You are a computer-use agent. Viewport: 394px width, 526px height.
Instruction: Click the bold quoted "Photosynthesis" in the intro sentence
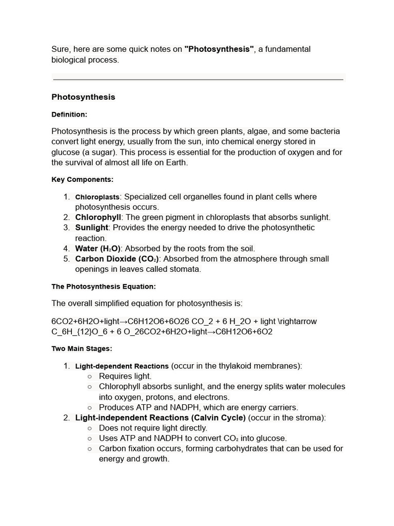click(x=219, y=49)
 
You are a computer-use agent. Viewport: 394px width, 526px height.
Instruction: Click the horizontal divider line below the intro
click(x=198, y=80)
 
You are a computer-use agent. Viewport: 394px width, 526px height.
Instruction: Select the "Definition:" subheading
click(x=69, y=115)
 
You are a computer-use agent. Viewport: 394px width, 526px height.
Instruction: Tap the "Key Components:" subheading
click(x=82, y=180)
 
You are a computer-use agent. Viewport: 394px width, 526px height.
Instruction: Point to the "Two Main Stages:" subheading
click(x=82, y=349)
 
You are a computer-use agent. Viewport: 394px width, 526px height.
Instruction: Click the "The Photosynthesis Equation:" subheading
click(x=103, y=287)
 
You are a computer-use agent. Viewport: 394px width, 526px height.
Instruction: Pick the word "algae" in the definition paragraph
click(x=257, y=131)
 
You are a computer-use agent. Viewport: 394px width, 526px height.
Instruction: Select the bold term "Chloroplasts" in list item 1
click(x=97, y=197)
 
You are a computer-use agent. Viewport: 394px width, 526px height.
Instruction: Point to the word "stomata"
click(x=186, y=269)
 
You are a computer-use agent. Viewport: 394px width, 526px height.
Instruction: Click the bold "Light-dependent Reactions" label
click(x=122, y=366)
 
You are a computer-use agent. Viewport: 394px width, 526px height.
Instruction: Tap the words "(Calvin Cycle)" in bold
click(x=219, y=418)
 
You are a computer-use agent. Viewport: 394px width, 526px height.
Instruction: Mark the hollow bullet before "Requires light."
click(x=90, y=377)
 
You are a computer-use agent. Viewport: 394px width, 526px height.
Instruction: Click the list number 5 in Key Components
click(x=66, y=259)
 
